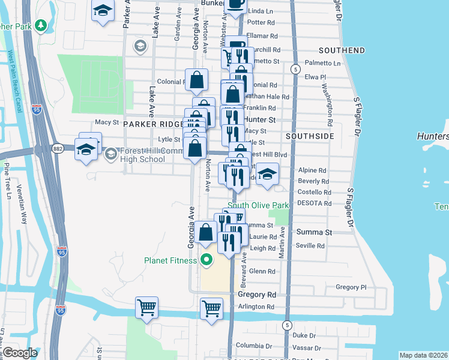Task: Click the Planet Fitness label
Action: pyautogui.click(x=170, y=260)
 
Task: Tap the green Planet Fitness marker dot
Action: pyautogui.click(x=206, y=260)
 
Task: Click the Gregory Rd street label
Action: pyautogui.click(x=256, y=295)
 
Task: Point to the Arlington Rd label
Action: pyautogui.click(x=256, y=307)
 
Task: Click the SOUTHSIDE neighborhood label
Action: pyautogui.click(x=309, y=136)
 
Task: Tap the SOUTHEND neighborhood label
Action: pyautogui.click(x=342, y=50)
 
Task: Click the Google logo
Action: pyautogui.click(x=20, y=352)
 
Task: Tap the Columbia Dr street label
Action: pyautogui.click(x=254, y=346)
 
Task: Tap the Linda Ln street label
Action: pyautogui.click(x=260, y=11)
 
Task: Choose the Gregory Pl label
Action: pyautogui.click(x=347, y=287)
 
